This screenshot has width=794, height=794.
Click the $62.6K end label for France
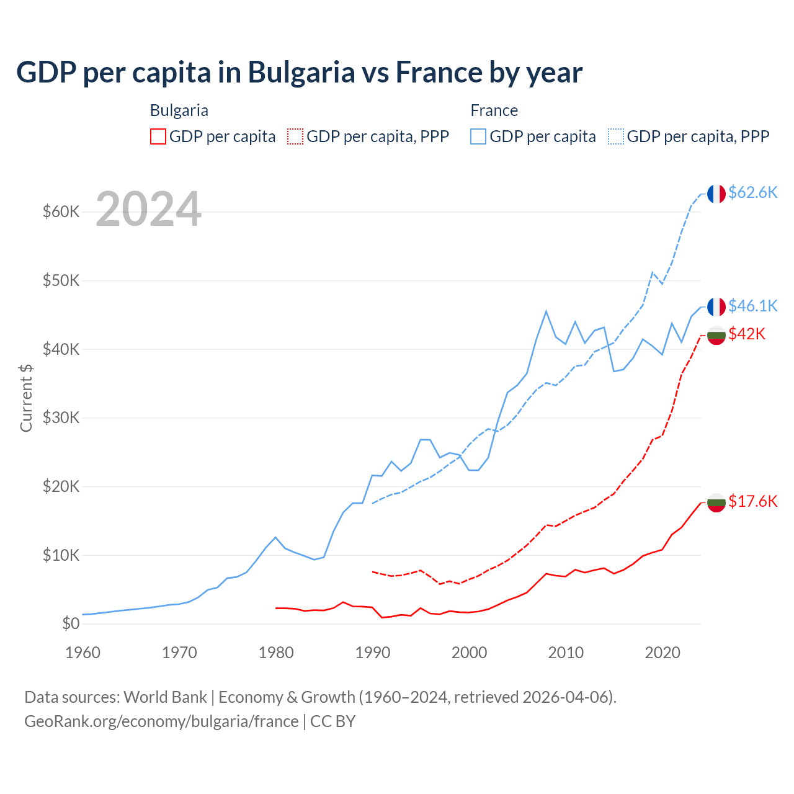[752, 192]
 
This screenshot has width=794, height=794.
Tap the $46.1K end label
[752, 306]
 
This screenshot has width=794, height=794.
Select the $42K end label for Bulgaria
[747, 334]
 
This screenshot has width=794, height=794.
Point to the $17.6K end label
[752, 501]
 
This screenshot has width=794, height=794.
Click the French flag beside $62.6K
[716, 194]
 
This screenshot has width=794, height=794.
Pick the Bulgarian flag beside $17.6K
[716, 502]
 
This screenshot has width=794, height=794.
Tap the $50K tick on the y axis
[61, 280]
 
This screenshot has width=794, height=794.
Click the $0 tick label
[71, 623]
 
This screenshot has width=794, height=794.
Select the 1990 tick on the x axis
[373, 653]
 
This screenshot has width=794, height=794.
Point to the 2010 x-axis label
[566, 653]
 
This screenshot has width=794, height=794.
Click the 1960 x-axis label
[83, 653]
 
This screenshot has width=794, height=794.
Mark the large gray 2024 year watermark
[149, 209]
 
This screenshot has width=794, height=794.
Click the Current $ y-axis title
[26, 398]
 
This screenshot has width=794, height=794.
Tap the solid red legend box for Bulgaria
[158, 136]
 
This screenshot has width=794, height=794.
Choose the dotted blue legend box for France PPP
[616, 136]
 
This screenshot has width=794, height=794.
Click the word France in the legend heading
[494, 110]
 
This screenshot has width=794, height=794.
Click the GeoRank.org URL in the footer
[161, 721]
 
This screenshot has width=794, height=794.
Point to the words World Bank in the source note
[165, 697]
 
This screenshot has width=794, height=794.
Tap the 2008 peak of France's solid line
[546, 311]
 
